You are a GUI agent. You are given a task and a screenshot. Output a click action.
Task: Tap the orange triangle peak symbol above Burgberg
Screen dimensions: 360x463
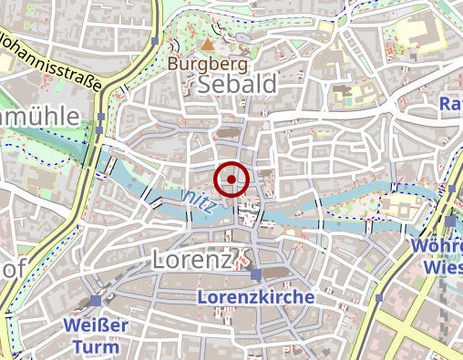click(209, 44)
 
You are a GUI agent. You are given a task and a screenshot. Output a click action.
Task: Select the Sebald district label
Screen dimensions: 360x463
click(236, 85)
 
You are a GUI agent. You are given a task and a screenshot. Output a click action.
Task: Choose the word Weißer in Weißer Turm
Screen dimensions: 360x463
click(97, 324)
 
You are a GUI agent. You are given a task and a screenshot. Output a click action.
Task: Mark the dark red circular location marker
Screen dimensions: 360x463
click(231, 180)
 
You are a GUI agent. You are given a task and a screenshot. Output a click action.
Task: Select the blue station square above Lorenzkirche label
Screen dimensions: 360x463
click(257, 274)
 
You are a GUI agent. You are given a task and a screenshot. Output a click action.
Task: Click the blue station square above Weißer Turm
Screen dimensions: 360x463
click(97, 301)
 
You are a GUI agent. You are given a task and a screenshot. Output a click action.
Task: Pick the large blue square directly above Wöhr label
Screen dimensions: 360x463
click(450, 221)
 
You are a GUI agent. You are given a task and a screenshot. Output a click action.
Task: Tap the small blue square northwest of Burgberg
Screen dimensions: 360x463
click(156, 42)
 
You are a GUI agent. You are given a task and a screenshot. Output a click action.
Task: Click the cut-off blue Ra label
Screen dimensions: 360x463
click(451, 105)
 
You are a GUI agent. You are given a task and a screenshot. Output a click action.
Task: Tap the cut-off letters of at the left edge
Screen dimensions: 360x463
click(11, 270)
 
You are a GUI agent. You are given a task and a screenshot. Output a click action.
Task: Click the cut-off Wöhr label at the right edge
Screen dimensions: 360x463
click(438, 246)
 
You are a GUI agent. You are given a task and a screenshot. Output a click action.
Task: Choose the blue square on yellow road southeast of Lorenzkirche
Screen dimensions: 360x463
click(379, 297)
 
